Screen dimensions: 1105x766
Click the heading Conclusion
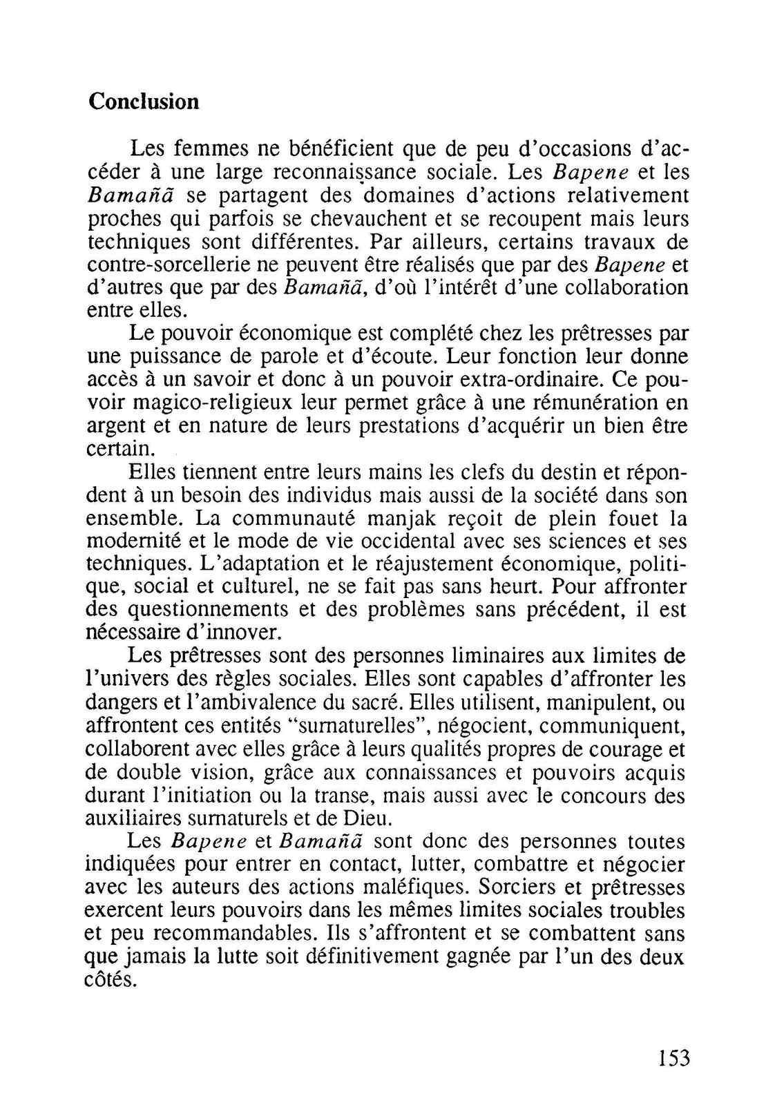click(x=144, y=102)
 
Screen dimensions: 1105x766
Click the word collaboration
click(x=615, y=287)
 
